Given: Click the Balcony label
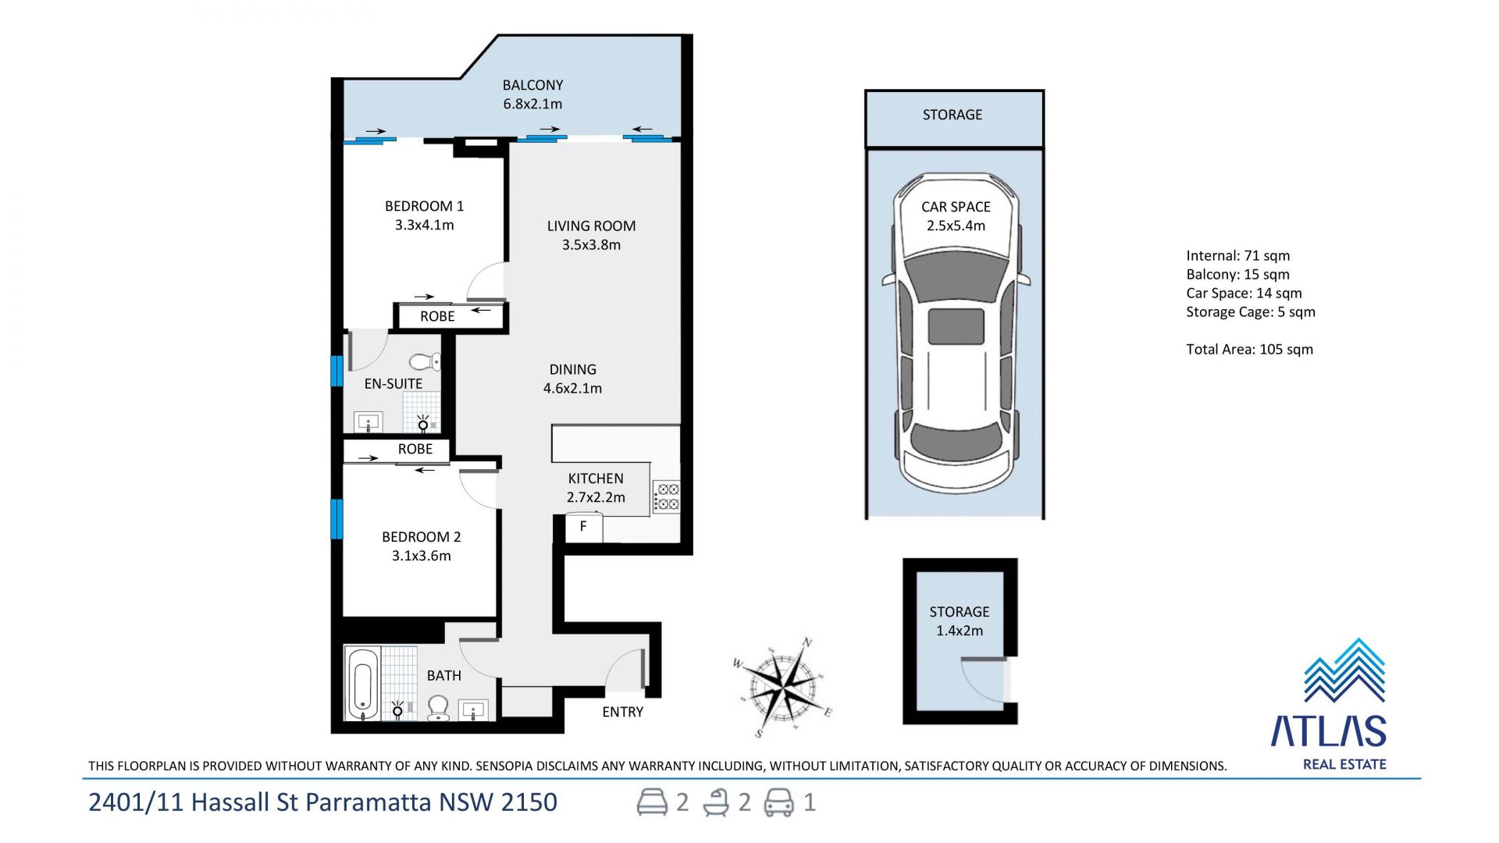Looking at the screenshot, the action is (532, 85).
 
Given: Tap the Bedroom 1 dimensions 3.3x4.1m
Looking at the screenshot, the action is (424, 226).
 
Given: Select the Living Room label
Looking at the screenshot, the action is (591, 226).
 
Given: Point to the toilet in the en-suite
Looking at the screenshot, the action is (425, 361).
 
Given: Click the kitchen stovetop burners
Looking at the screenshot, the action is (667, 497).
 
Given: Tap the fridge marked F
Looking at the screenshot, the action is (583, 527).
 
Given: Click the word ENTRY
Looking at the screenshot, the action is (622, 712).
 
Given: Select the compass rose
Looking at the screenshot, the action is (782, 687).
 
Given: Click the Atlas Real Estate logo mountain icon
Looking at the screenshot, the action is (1344, 670).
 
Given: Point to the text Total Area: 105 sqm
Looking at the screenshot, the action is (1249, 350).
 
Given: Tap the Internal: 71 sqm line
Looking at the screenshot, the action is (1237, 256).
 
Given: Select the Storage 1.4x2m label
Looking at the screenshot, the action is (959, 621).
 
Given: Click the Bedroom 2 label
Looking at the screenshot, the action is (421, 537).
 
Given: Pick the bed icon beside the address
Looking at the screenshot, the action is (652, 802).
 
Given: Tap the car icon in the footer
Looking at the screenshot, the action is (778, 802).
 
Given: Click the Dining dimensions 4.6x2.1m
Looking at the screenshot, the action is (572, 389).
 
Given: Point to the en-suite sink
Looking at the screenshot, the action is (367, 422).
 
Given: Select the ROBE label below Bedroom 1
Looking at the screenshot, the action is (437, 316).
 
